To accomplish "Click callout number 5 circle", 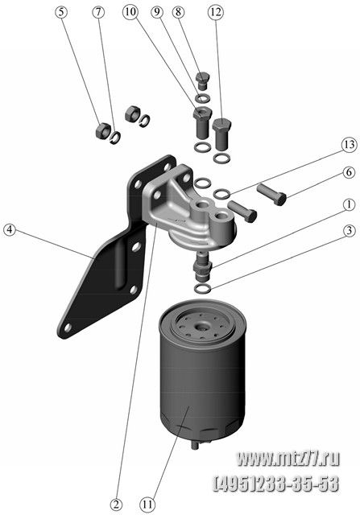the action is click(x=61, y=12).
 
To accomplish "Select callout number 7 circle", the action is click(x=98, y=12).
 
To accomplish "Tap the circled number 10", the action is click(x=130, y=12).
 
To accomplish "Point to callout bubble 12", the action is click(x=216, y=13).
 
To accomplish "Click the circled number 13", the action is click(x=349, y=145).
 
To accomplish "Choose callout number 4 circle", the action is click(x=10, y=229).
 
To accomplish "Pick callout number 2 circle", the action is click(x=116, y=505).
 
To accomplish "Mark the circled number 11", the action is click(x=148, y=505).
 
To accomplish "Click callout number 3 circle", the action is click(x=349, y=231).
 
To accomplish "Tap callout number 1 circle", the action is click(x=349, y=204).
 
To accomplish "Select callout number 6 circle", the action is click(x=349, y=172).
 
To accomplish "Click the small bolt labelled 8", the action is click(x=202, y=80).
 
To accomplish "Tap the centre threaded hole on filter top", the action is click(x=201, y=327).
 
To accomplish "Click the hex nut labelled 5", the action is click(x=101, y=130).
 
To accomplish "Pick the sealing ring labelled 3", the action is click(x=202, y=289).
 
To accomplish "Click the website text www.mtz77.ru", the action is click(x=288, y=459).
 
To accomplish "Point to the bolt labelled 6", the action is click(x=272, y=194).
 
